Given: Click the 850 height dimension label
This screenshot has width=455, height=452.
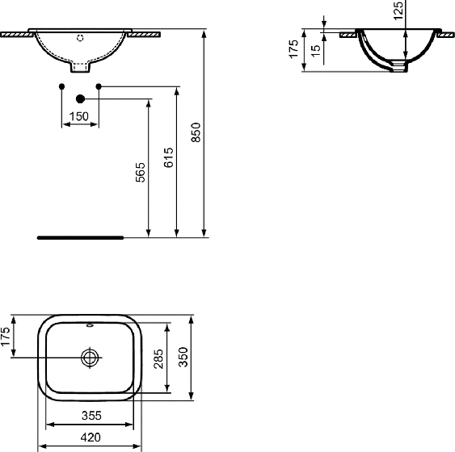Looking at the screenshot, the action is point(196,132).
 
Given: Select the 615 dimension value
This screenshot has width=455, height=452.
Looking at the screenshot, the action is point(169,157).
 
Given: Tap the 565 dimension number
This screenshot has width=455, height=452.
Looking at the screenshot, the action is point(141,172).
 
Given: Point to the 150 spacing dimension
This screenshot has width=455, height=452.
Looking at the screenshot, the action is point(79,116).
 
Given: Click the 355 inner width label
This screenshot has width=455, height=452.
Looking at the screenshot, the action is point(91,416).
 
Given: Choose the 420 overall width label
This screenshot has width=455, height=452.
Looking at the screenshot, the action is point(91,437).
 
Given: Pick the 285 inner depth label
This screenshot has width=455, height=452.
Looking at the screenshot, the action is point(158,358).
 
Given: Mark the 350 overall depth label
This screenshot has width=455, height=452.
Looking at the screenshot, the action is point(183,357).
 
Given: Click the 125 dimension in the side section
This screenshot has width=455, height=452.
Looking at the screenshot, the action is point(398,10).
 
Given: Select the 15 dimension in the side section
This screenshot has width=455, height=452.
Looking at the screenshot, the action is point(316,51).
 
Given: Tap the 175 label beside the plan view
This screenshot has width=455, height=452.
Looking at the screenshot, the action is point(5,337).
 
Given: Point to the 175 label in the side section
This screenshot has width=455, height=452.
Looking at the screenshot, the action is point(293,49).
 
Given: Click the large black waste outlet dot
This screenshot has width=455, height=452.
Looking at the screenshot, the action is point(80,99).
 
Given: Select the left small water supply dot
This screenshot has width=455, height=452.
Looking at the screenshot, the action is point(61,86).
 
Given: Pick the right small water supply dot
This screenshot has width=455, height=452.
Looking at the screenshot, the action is point(99,86).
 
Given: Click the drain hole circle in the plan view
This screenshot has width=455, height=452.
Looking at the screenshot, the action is point(90,358).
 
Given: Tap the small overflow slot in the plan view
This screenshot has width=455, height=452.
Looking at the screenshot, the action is point(90,325).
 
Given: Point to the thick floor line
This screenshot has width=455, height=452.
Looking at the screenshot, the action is point(81,237).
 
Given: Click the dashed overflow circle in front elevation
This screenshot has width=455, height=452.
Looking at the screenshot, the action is point(80,38).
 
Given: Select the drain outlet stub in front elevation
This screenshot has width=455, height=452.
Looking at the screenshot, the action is point(80,67).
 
